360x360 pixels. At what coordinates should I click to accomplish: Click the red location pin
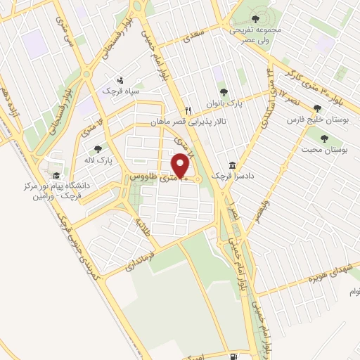pos(181,166)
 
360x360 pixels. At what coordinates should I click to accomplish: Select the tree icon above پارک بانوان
pos(224,91)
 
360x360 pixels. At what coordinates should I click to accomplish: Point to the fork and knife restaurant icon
pos(187,111)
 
